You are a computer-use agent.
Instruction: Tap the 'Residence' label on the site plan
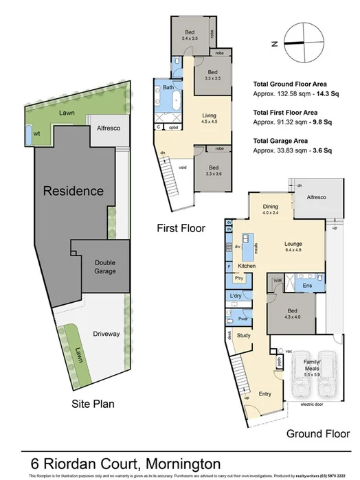74,190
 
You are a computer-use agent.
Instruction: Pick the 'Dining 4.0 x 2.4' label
271,208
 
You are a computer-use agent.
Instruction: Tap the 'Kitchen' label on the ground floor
247,265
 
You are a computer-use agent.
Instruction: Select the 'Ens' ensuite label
308,284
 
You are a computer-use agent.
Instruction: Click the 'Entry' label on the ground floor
265,394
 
